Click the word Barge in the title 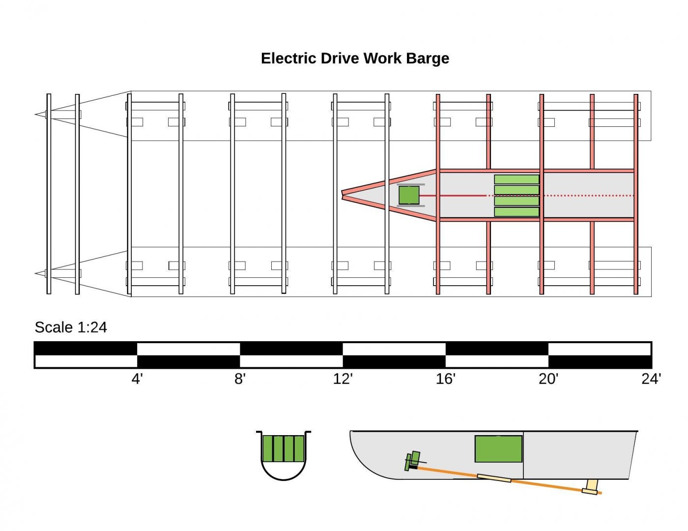pyautogui.click(x=427, y=59)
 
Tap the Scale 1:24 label pyautogui.click(x=71, y=327)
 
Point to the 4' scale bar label pyautogui.click(x=137, y=379)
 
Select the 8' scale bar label pyautogui.click(x=240, y=379)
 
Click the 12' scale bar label pyautogui.click(x=343, y=379)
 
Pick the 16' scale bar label pyautogui.click(x=446, y=379)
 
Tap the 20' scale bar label pyautogui.click(x=548, y=379)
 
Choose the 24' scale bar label pyautogui.click(x=651, y=379)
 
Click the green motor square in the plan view pyautogui.click(x=409, y=195)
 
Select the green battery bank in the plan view pyautogui.click(x=516, y=196)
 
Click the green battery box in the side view pyautogui.click(x=498, y=448)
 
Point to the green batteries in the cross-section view pyautogui.click(x=284, y=448)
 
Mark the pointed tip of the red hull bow pyautogui.click(x=344, y=195)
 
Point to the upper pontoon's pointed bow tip pyautogui.click(x=36, y=115)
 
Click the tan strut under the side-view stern pyautogui.click(x=591, y=486)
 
